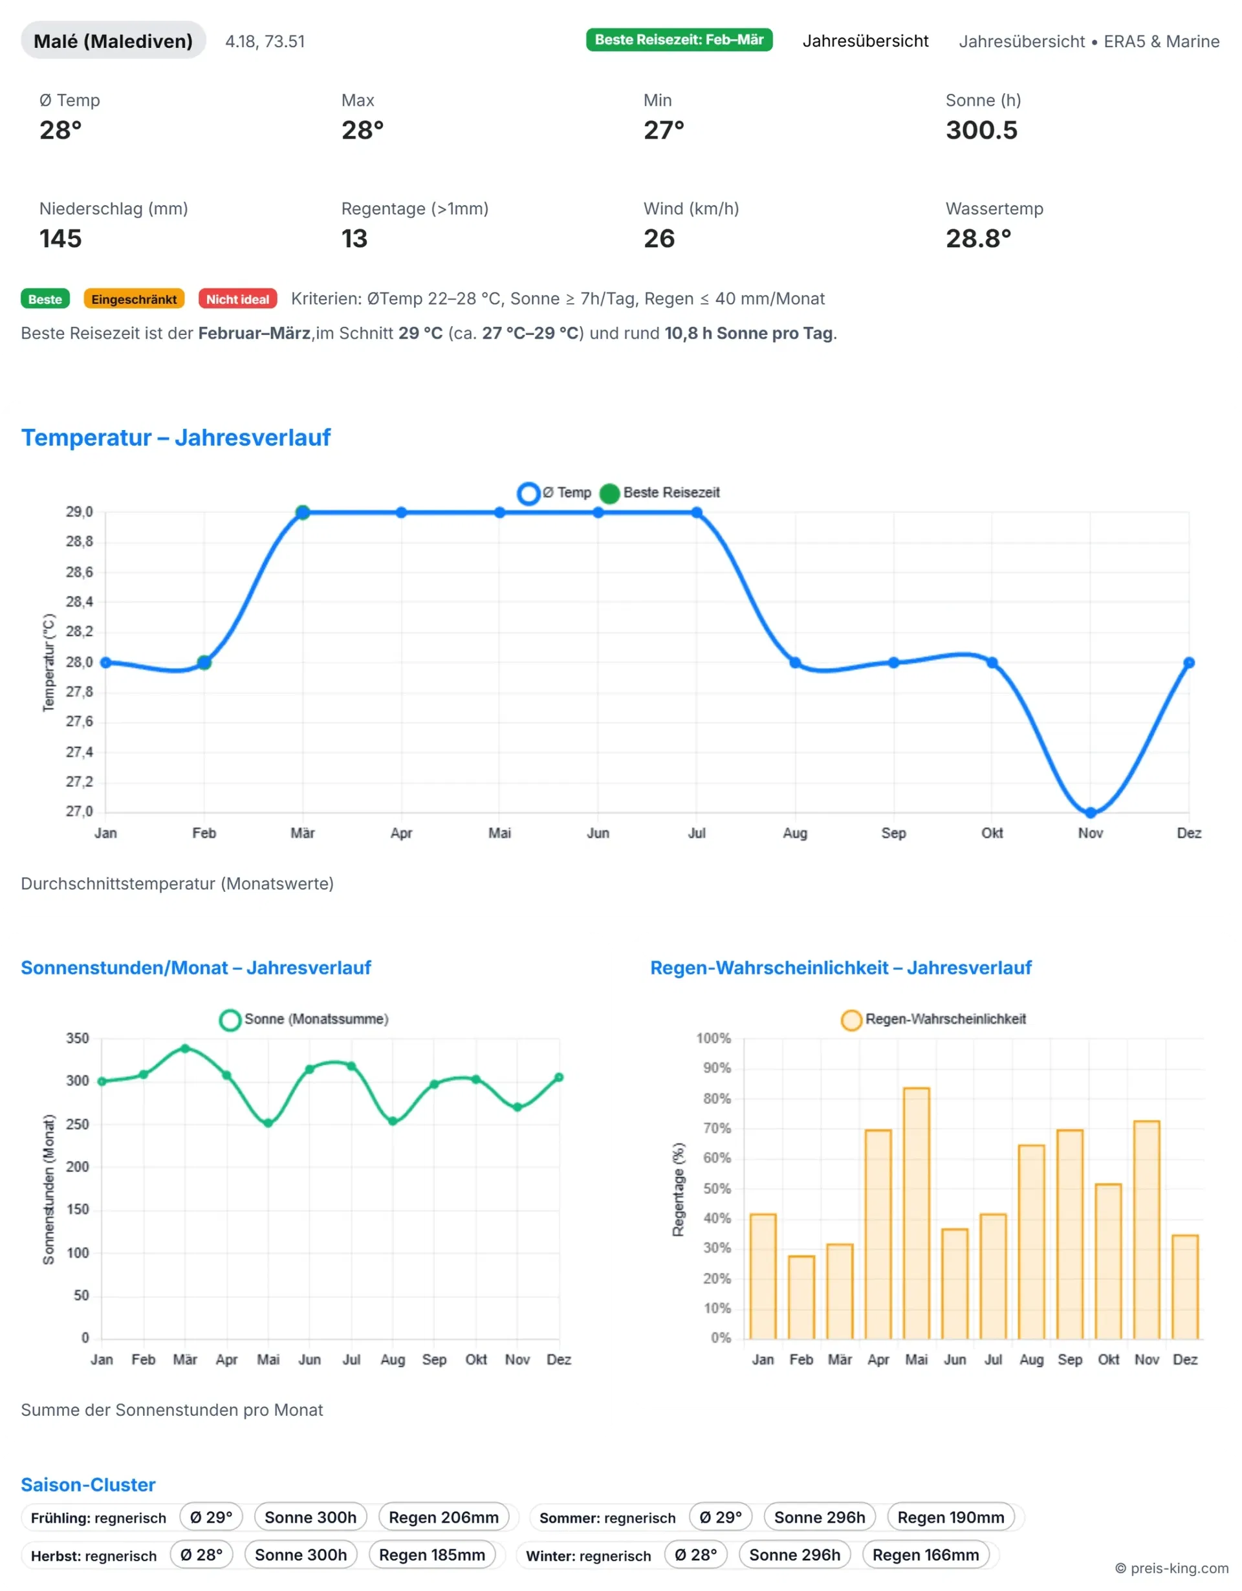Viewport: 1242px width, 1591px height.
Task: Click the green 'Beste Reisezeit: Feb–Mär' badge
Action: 679,40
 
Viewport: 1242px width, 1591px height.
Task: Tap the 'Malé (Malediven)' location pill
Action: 113,41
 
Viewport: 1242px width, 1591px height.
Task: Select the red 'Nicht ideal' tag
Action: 237,299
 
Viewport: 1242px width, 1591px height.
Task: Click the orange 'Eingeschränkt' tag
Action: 134,299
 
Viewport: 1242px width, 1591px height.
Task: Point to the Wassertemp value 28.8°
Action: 977,239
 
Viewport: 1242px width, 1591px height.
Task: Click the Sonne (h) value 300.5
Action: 981,131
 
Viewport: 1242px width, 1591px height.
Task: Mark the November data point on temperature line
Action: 1090,812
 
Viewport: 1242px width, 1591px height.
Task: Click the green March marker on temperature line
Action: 303,513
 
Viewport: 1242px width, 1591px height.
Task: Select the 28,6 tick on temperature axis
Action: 80,572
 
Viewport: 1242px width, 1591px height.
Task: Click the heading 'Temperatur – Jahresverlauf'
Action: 175,438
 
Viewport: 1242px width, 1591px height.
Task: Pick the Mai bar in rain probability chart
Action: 916,1212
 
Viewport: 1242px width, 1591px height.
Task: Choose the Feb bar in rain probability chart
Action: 801,1297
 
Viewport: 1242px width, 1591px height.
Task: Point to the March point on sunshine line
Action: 185,1049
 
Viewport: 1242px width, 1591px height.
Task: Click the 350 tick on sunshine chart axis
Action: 77,1038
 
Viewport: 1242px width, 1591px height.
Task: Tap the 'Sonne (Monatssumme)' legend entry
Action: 305,1019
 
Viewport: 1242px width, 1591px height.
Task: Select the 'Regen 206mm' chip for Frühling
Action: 444,1517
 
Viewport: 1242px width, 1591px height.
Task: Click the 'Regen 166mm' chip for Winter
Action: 925,1555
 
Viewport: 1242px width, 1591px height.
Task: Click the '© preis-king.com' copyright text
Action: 1171,1568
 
